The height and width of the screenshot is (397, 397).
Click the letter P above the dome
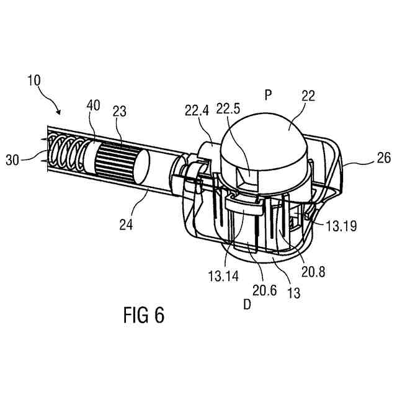[x=268, y=95]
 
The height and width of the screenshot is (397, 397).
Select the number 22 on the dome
[x=308, y=96]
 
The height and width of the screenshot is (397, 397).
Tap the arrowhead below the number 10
[x=60, y=112]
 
